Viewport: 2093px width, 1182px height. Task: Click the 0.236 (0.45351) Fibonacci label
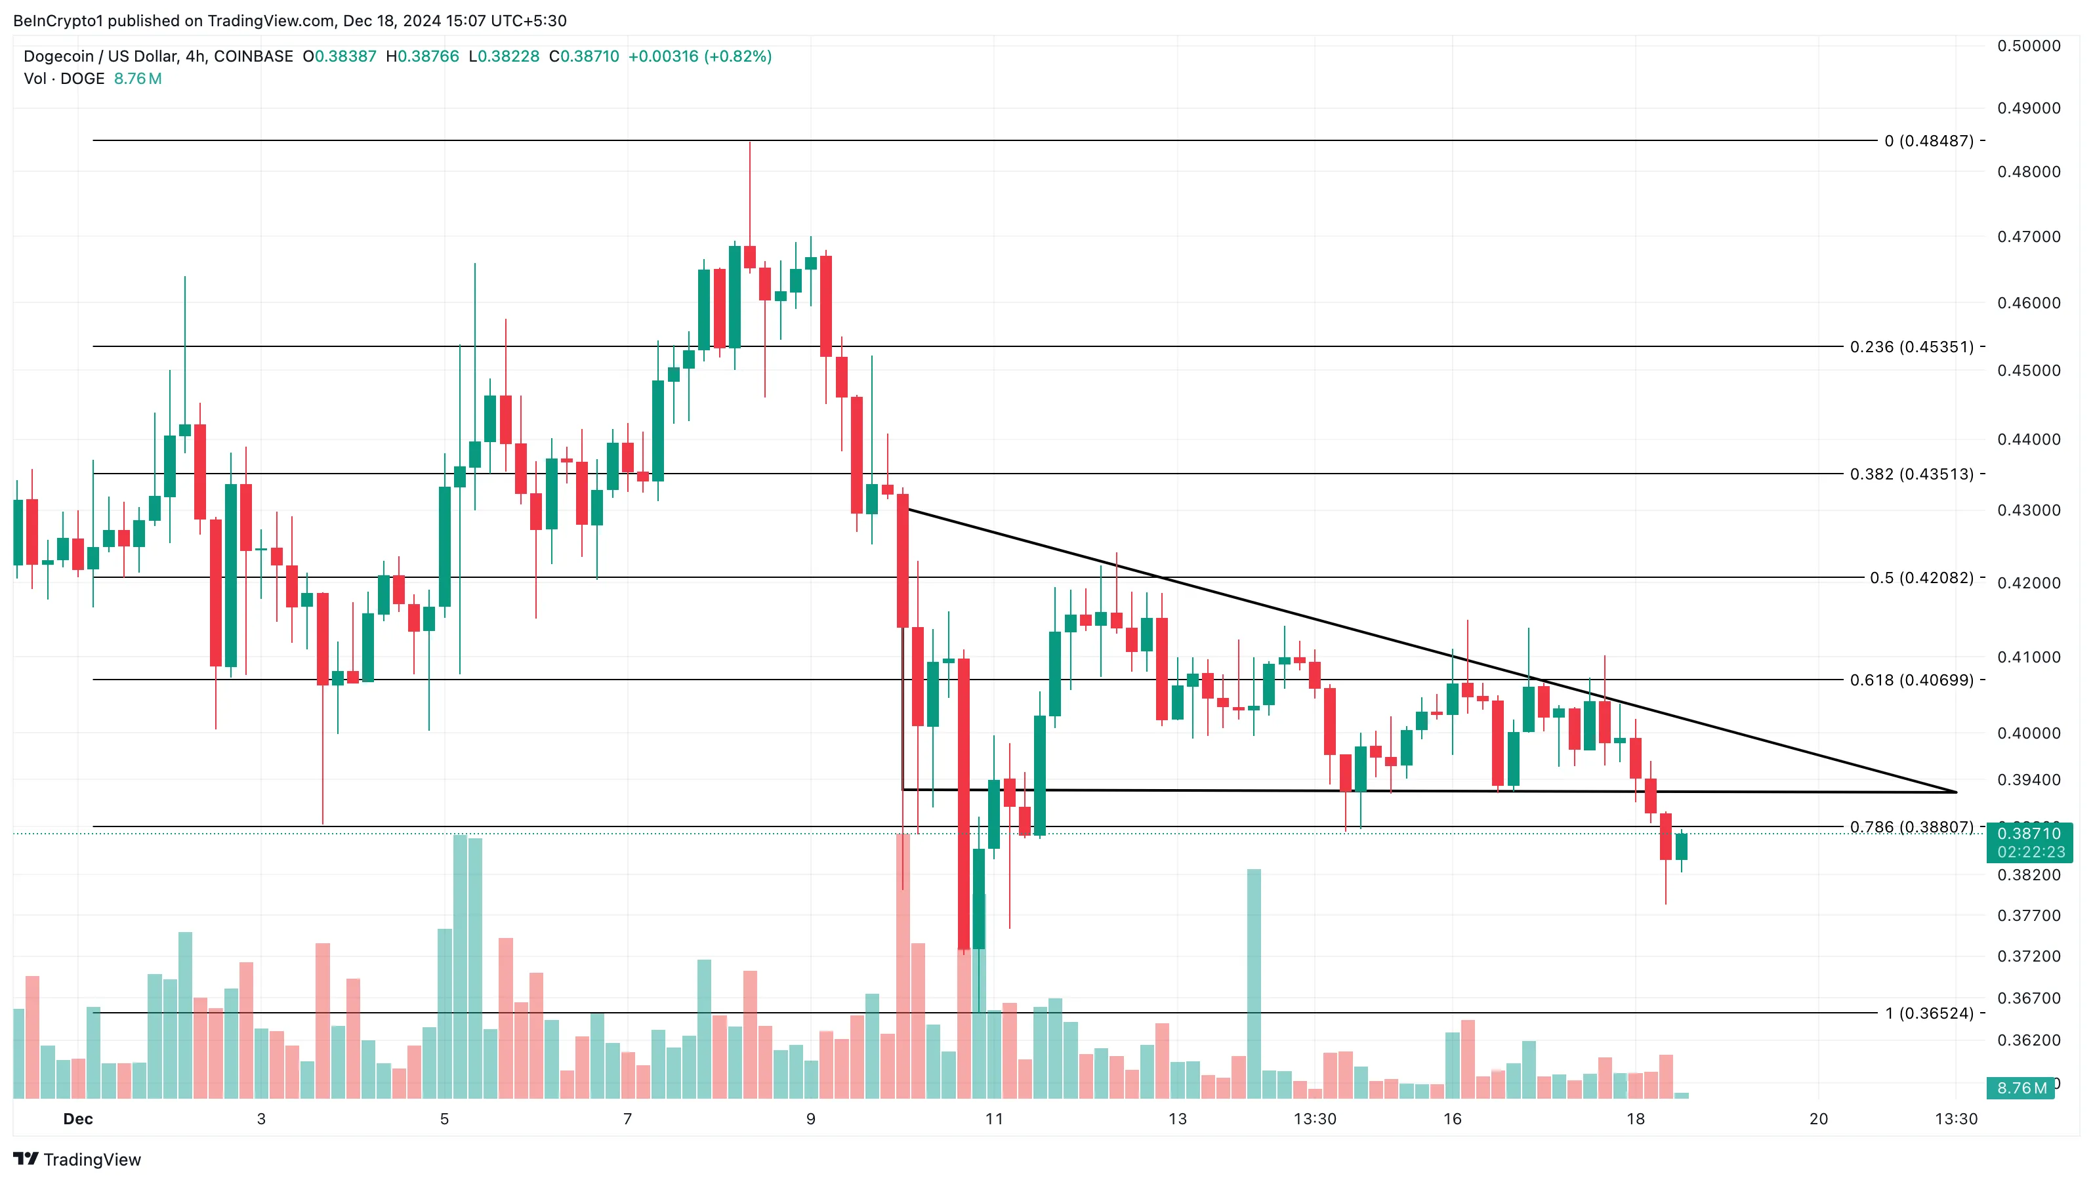[x=1911, y=347]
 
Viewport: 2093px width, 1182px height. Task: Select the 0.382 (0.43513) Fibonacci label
[x=1911, y=474]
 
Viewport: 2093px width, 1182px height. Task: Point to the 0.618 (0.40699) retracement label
[x=1911, y=680]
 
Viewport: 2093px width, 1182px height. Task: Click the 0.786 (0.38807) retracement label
[x=1911, y=827]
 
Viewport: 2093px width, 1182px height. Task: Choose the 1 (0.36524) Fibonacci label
[x=1929, y=1013]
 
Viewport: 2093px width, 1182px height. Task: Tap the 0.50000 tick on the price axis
[x=2029, y=45]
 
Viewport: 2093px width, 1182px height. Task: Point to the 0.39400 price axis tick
[x=2029, y=780]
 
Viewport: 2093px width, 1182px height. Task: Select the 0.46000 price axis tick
[x=2029, y=303]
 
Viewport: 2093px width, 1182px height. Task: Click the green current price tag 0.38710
[x=2029, y=834]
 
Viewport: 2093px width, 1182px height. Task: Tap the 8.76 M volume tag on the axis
[x=2021, y=1088]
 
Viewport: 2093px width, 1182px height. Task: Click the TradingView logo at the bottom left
[x=77, y=1159]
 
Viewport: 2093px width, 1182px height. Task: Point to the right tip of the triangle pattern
[x=1956, y=791]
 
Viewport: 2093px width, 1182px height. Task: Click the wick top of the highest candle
[x=749, y=144]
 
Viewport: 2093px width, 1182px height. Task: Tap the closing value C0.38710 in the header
[x=583, y=56]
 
